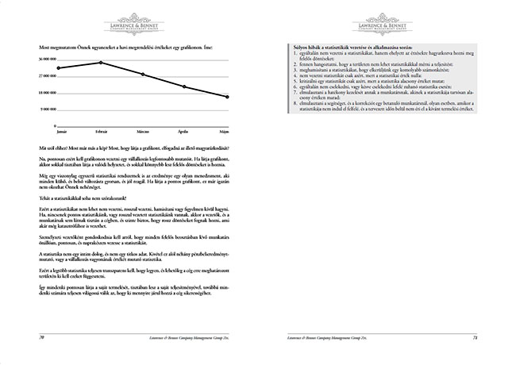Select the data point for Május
click(228, 97)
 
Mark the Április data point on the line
click(185, 86)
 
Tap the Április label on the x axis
click(185, 128)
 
